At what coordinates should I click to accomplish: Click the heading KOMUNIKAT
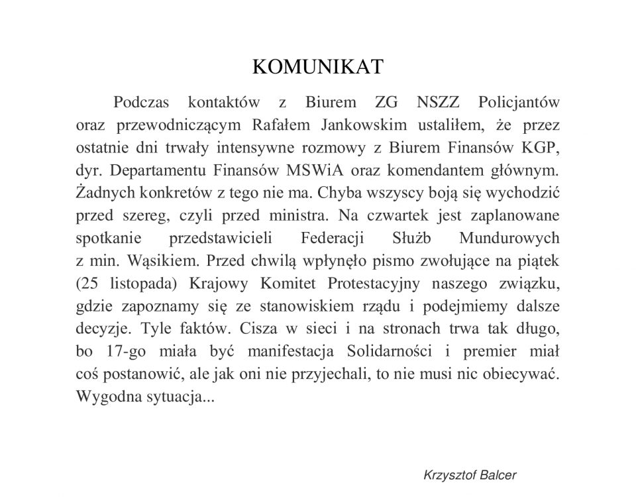coord(318,67)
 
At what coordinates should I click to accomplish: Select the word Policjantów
coord(519,103)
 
